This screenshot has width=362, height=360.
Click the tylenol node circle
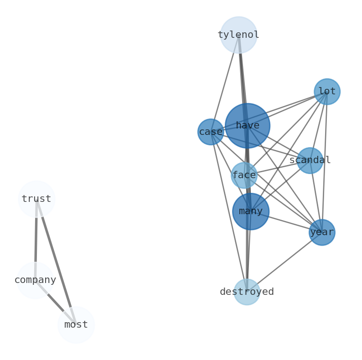coord(238,35)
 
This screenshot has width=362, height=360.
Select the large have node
coord(247,125)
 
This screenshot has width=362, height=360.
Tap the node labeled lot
coord(327,92)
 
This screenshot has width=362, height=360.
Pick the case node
coord(211,132)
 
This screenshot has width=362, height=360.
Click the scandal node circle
coord(310,160)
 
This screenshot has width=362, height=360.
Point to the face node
coord(244,175)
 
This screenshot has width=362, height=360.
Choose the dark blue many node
coord(251,211)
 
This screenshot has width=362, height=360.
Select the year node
coord(322,232)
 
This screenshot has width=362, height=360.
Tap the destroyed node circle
coord(247,292)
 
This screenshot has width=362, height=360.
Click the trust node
coord(36,199)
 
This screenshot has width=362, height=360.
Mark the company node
coord(35,280)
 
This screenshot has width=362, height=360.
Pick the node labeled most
coord(76,324)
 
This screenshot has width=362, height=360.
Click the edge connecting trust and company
coord(36,239)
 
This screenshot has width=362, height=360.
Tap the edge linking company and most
coord(56,302)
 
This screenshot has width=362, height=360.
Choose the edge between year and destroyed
coord(285,262)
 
